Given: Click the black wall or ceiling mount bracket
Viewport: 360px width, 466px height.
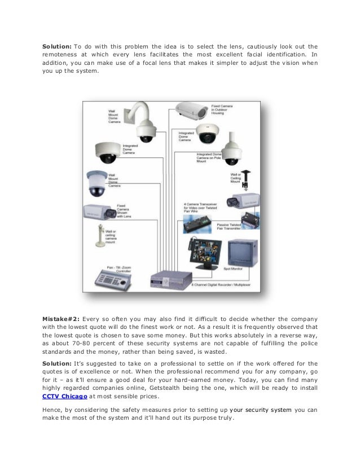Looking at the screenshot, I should (247, 178).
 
